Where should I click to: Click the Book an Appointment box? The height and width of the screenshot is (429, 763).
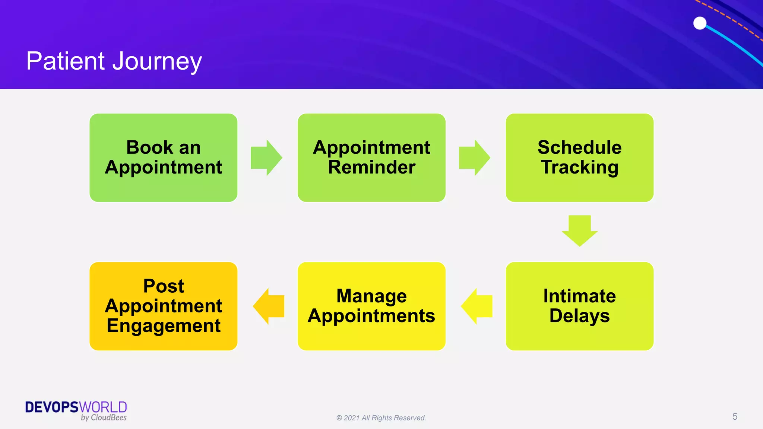tap(163, 158)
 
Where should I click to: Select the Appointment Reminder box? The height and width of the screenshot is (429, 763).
tap(371, 158)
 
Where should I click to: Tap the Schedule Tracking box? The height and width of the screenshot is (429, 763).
tap(579, 158)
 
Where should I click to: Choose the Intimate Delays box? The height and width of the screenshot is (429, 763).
tap(579, 306)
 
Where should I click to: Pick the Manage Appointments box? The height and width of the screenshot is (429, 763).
tap(371, 306)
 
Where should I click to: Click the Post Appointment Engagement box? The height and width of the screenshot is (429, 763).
tap(163, 306)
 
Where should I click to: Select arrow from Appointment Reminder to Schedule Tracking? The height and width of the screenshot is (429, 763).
tap(474, 158)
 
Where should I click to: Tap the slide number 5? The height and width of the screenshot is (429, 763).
tap(735, 416)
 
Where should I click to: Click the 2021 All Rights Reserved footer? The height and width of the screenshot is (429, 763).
tap(381, 418)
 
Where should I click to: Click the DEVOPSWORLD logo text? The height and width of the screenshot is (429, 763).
tap(76, 407)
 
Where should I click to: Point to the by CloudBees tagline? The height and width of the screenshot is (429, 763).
tap(104, 418)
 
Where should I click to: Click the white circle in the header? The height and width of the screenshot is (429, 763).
tap(700, 23)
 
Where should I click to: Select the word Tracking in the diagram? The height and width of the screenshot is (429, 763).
tap(579, 167)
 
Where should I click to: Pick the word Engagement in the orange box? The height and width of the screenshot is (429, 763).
tap(163, 326)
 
